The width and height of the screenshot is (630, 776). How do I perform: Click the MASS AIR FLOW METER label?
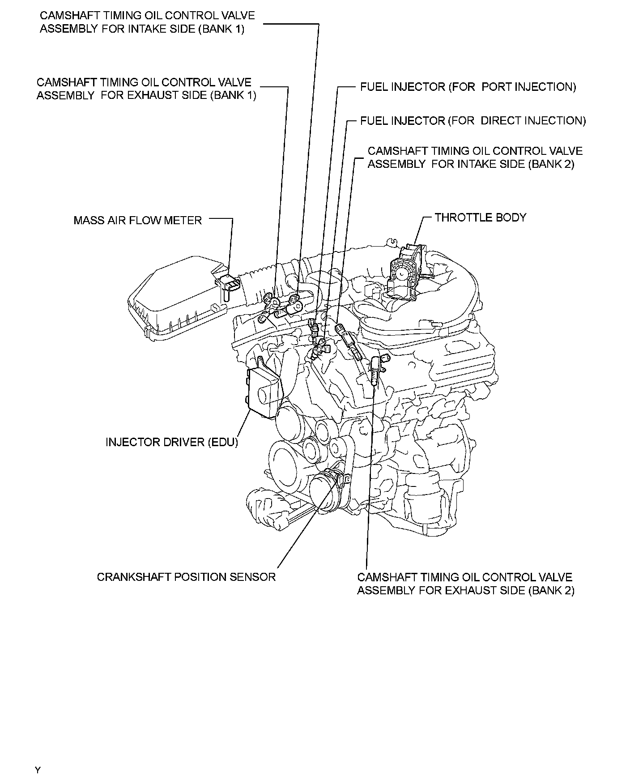click(137, 220)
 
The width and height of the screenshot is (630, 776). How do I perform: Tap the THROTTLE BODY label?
click(480, 217)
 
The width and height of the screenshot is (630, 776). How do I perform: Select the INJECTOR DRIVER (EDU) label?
click(172, 442)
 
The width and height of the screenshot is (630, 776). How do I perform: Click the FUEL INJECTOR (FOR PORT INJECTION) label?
click(468, 87)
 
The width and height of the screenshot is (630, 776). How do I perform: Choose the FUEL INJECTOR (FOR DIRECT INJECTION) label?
click(473, 121)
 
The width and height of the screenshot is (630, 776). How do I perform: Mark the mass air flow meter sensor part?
click(231, 284)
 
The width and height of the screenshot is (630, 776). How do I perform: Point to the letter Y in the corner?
click(38, 770)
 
